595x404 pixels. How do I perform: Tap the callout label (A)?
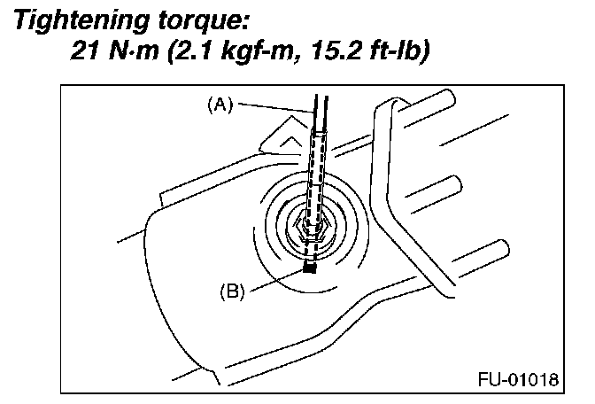[219, 104]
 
